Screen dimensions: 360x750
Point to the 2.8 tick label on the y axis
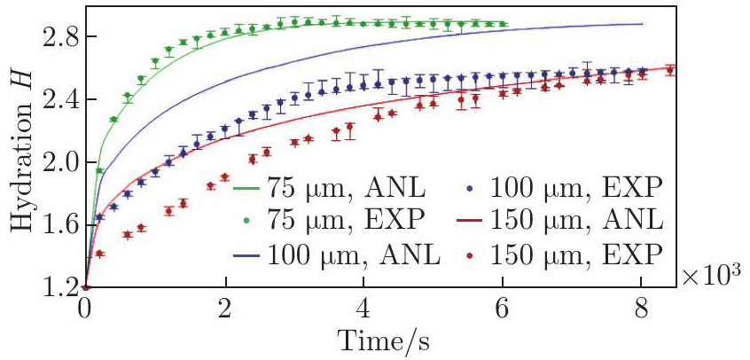(54, 37)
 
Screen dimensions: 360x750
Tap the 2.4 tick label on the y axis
(54, 99)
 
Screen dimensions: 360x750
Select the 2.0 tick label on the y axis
(54, 162)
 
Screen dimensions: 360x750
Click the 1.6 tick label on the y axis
(54, 225)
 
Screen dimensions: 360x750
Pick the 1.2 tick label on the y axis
(54, 287)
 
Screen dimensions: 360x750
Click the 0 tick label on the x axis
(85, 309)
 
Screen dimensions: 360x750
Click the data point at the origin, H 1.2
(86, 286)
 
